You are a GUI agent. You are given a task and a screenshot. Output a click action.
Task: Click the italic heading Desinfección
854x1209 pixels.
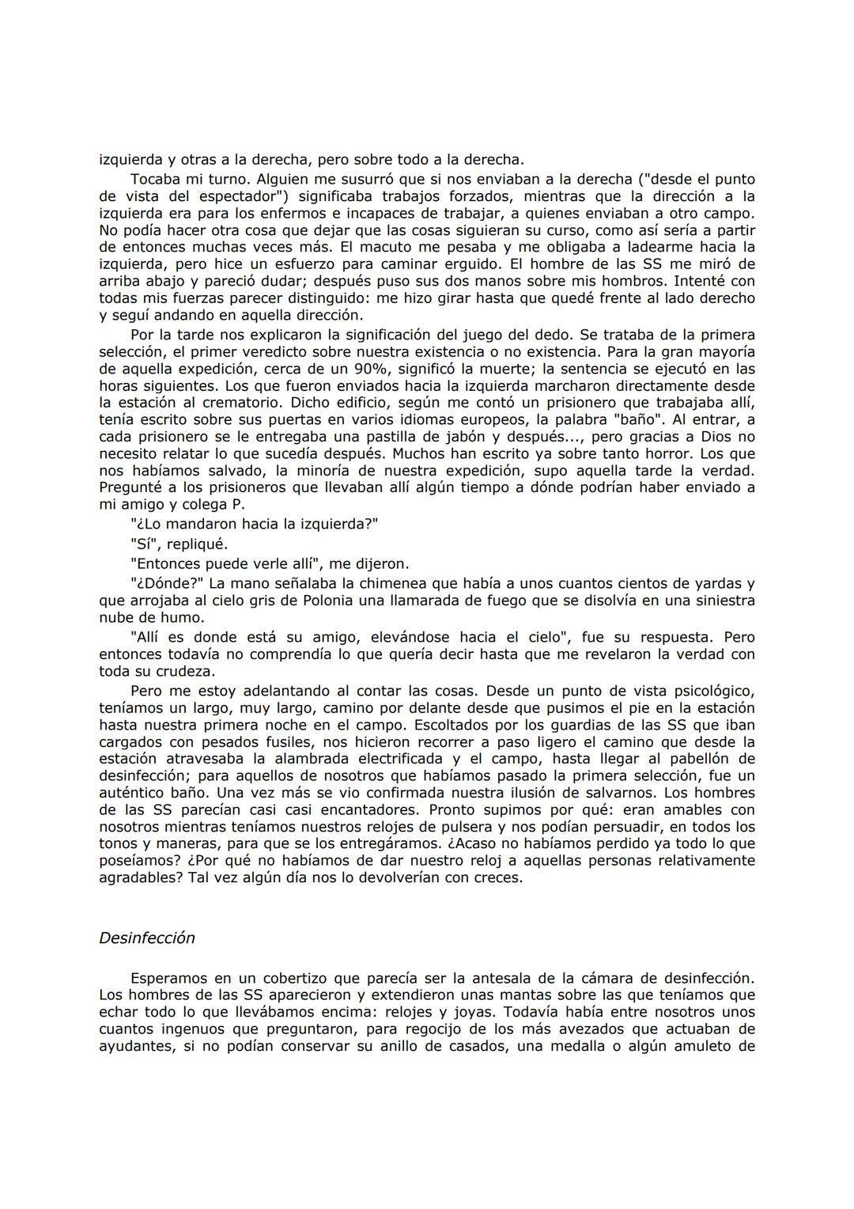click(146, 938)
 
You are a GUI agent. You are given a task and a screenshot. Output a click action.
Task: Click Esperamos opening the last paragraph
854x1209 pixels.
click(168, 979)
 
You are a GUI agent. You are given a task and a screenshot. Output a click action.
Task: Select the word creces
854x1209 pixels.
click(497, 878)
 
